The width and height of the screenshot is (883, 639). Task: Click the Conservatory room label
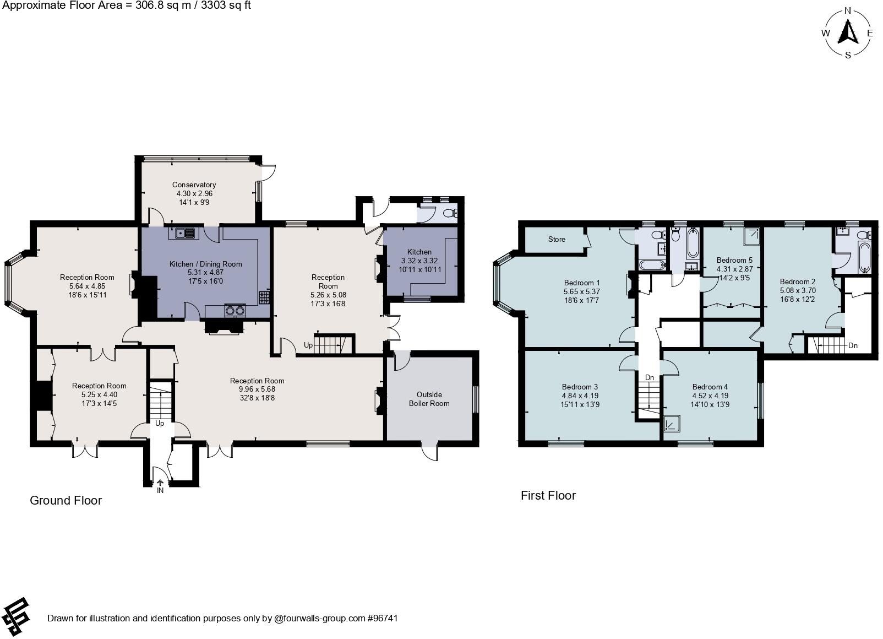[x=194, y=185]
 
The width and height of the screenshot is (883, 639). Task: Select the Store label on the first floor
[x=557, y=239]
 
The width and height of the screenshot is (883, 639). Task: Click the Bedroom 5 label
[x=734, y=260]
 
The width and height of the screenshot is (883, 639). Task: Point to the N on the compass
[x=848, y=10]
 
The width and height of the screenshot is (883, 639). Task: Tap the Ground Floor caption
[x=66, y=500]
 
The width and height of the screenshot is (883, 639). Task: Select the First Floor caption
[x=548, y=495]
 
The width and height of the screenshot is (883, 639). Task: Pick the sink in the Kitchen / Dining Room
[x=186, y=233]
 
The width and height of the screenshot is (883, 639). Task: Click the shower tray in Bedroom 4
[x=671, y=424]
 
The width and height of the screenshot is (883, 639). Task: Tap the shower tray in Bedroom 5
[x=753, y=236]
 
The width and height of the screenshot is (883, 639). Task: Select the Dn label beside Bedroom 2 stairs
[x=853, y=346]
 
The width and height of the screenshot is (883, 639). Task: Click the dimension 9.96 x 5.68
[x=257, y=389]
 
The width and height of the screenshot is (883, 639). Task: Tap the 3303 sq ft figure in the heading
[x=222, y=6]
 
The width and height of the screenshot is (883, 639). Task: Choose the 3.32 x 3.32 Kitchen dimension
[x=419, y=261]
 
